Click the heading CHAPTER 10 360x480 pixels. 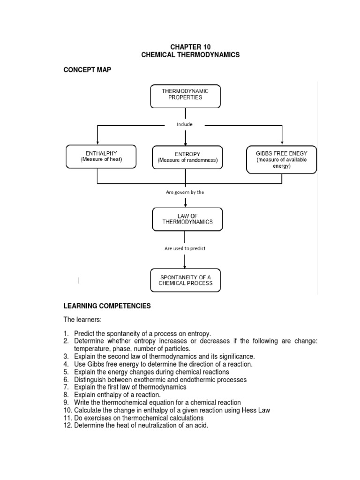(x=190, y=47)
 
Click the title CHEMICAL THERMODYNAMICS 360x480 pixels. (x=190, y=55)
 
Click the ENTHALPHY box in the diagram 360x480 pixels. (x=101, y=157)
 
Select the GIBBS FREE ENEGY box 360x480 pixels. (x=281, y=159)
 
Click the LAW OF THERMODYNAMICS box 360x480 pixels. (x=187, y=218)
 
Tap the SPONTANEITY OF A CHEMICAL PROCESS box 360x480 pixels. (x=186, y=280)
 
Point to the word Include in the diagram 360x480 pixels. (x=185, y=125)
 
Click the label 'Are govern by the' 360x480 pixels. (x=185, y=192)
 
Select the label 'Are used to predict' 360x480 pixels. (x=185, y=248)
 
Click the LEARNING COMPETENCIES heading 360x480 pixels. (x=107, y=306)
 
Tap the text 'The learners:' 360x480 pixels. (x=82, y=320)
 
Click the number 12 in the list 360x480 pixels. (x=67, y=425)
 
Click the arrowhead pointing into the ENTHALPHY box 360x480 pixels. (x=97, y=142)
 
